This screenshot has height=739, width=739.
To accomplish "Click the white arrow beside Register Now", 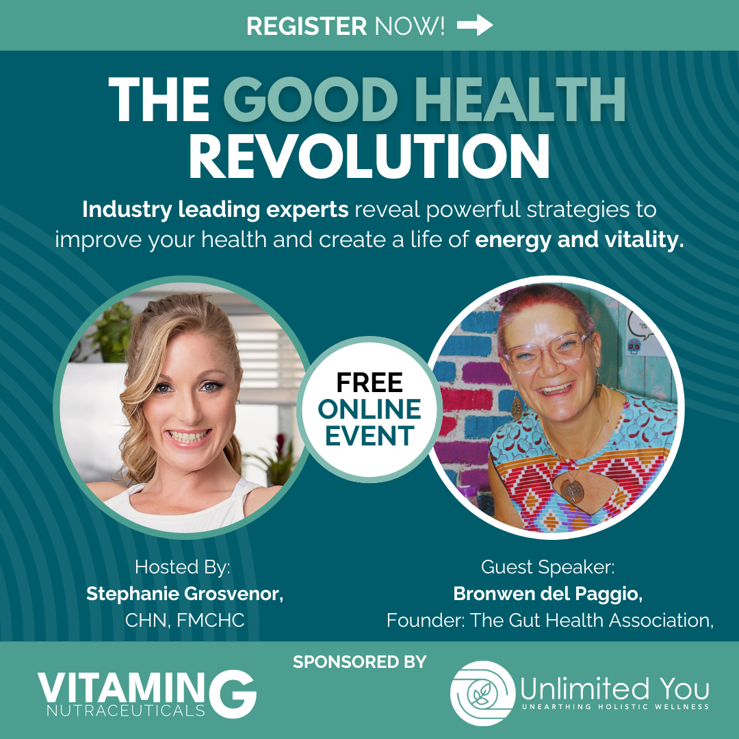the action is click(475, 25).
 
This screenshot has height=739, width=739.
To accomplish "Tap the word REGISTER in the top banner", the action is click(307, 26).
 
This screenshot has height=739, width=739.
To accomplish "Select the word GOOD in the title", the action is click(311, 99).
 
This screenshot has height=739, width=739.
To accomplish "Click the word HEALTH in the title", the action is click(520, 99).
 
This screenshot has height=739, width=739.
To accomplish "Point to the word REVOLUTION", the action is click(369, 157).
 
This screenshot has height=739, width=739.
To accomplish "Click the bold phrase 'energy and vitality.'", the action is click(580, 240).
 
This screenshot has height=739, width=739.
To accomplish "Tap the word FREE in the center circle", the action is click(369, 383).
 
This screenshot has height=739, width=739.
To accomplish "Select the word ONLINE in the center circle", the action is click(369, 409).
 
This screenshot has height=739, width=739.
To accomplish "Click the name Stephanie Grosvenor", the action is click(185, 594).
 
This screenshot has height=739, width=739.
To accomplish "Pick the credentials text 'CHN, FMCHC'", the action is click(185, 620).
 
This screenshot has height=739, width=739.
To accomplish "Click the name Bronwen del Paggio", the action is click(547, 594).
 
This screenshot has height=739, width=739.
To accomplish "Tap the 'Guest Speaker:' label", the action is click(547, 567).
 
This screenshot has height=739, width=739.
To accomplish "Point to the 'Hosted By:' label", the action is click(183, 567).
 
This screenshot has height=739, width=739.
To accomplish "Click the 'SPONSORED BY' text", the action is click(360, 662).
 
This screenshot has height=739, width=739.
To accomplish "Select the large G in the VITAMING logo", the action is click(233, 695).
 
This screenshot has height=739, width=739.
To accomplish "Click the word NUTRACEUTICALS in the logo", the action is click(126, 710).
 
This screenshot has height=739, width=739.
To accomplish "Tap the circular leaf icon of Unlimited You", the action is click(482, 692).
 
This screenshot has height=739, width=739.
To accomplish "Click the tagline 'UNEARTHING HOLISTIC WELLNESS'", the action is click(616, 706).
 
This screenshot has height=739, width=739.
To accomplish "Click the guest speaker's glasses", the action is click(547, 350).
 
